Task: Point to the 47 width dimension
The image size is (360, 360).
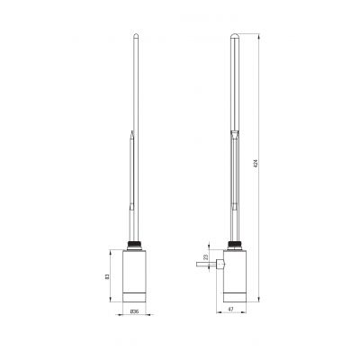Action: [x=233, y=310]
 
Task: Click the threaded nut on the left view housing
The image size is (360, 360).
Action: [x=134, y=244]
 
